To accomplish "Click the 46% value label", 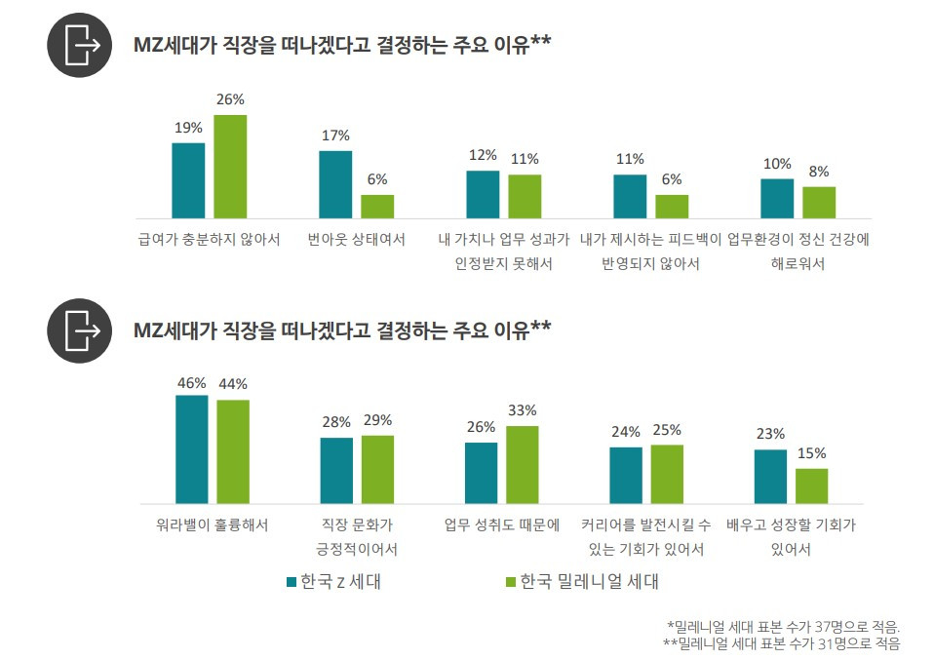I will (191, 383).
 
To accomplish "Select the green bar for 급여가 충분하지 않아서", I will (230, 166).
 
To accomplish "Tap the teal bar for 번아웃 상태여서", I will (335, 184).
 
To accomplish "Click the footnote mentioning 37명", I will (783, 626).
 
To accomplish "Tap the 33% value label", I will (523, 410).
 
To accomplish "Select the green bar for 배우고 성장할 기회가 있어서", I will (811, 485).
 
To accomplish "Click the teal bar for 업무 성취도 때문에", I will (481, 473).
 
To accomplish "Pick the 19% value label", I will (188, 128).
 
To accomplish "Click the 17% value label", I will (335, 136).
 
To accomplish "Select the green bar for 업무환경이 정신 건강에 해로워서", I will (819, 202).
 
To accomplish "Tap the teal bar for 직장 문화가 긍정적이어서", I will (336, 470).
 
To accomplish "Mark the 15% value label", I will (811, 453).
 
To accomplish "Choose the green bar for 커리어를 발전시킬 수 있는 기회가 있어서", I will (667, 474).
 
